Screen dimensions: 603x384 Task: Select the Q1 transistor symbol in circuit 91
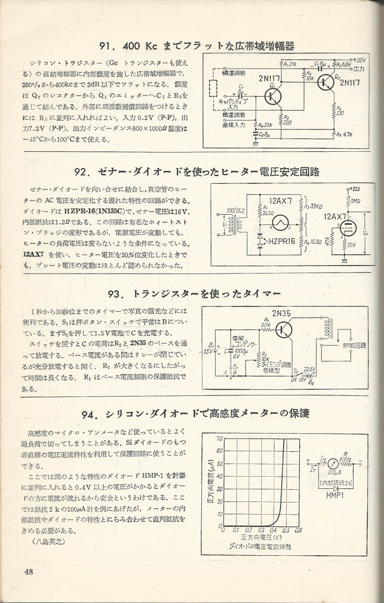click(273, 95)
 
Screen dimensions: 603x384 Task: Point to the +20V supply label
click(359, 60)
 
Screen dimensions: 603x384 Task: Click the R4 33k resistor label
click(263, 125)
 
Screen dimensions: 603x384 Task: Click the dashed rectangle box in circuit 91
click(213, 95)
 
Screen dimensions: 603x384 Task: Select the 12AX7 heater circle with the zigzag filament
click(278, 221)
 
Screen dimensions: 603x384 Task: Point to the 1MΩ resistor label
click(356, 201)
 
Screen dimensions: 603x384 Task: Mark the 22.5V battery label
click(309, 369)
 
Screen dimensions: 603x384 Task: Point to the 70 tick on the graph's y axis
click(220, 438)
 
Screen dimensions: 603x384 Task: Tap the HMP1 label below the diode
click(336, 495)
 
